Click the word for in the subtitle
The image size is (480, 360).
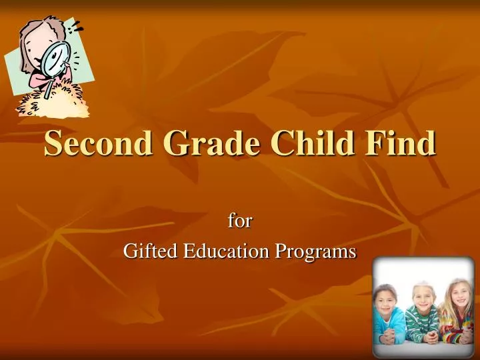[239, 220]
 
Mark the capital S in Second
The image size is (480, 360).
[53, 143]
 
